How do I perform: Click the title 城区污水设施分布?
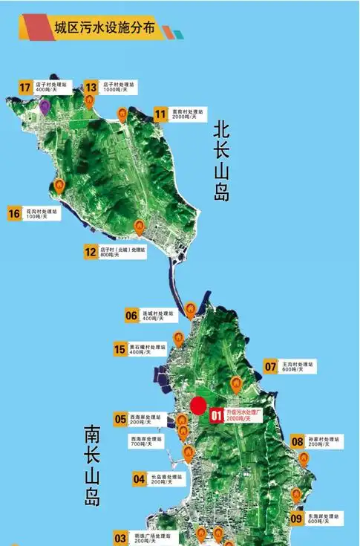coord(104,29)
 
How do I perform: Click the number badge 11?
coord(160,114)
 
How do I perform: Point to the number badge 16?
coord(14,214)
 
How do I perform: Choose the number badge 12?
coord(91,252)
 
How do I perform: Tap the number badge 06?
coord(131,316)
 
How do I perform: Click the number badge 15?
coord(120,349)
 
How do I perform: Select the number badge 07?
coord(271,366)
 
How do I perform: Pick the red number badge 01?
coord(217,416)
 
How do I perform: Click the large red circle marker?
coord(198,406)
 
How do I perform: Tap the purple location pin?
coord(45,107)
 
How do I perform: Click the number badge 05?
coord(120,420)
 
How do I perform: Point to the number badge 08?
coord(297,441)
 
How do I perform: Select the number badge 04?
coord(139,479)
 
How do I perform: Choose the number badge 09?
coord(296,518)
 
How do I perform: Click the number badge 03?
coord(120,537)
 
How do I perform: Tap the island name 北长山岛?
coord(221,160)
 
